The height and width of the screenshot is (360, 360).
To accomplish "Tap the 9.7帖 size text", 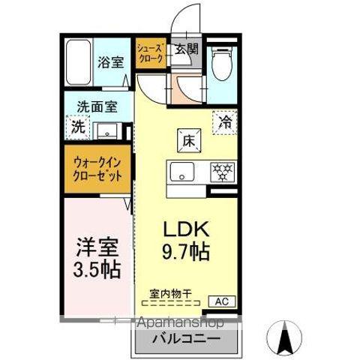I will (186, 252).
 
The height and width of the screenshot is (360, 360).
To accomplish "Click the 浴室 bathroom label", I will (110, 62).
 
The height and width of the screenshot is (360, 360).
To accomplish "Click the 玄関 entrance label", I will (187, 49).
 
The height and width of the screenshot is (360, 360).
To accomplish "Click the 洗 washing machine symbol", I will (78, 127).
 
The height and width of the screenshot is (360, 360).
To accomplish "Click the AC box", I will (222, 301).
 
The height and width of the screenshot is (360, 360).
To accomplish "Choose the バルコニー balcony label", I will (187, 339).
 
